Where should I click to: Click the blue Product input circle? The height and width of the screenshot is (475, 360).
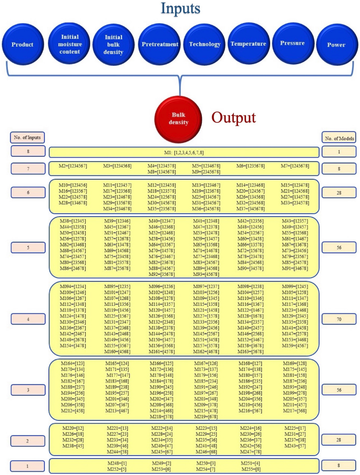pos(23,45)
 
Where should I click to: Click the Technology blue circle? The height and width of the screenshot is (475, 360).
pos(204,45)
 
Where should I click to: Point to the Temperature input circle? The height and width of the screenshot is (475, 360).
pos(248,44)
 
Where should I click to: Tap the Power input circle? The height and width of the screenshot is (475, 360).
pos(336,45)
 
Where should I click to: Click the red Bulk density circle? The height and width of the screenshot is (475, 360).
pos(179,114)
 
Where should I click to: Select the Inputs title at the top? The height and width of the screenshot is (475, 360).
pos(180,10)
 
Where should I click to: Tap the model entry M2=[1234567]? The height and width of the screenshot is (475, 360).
pos(73,166)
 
